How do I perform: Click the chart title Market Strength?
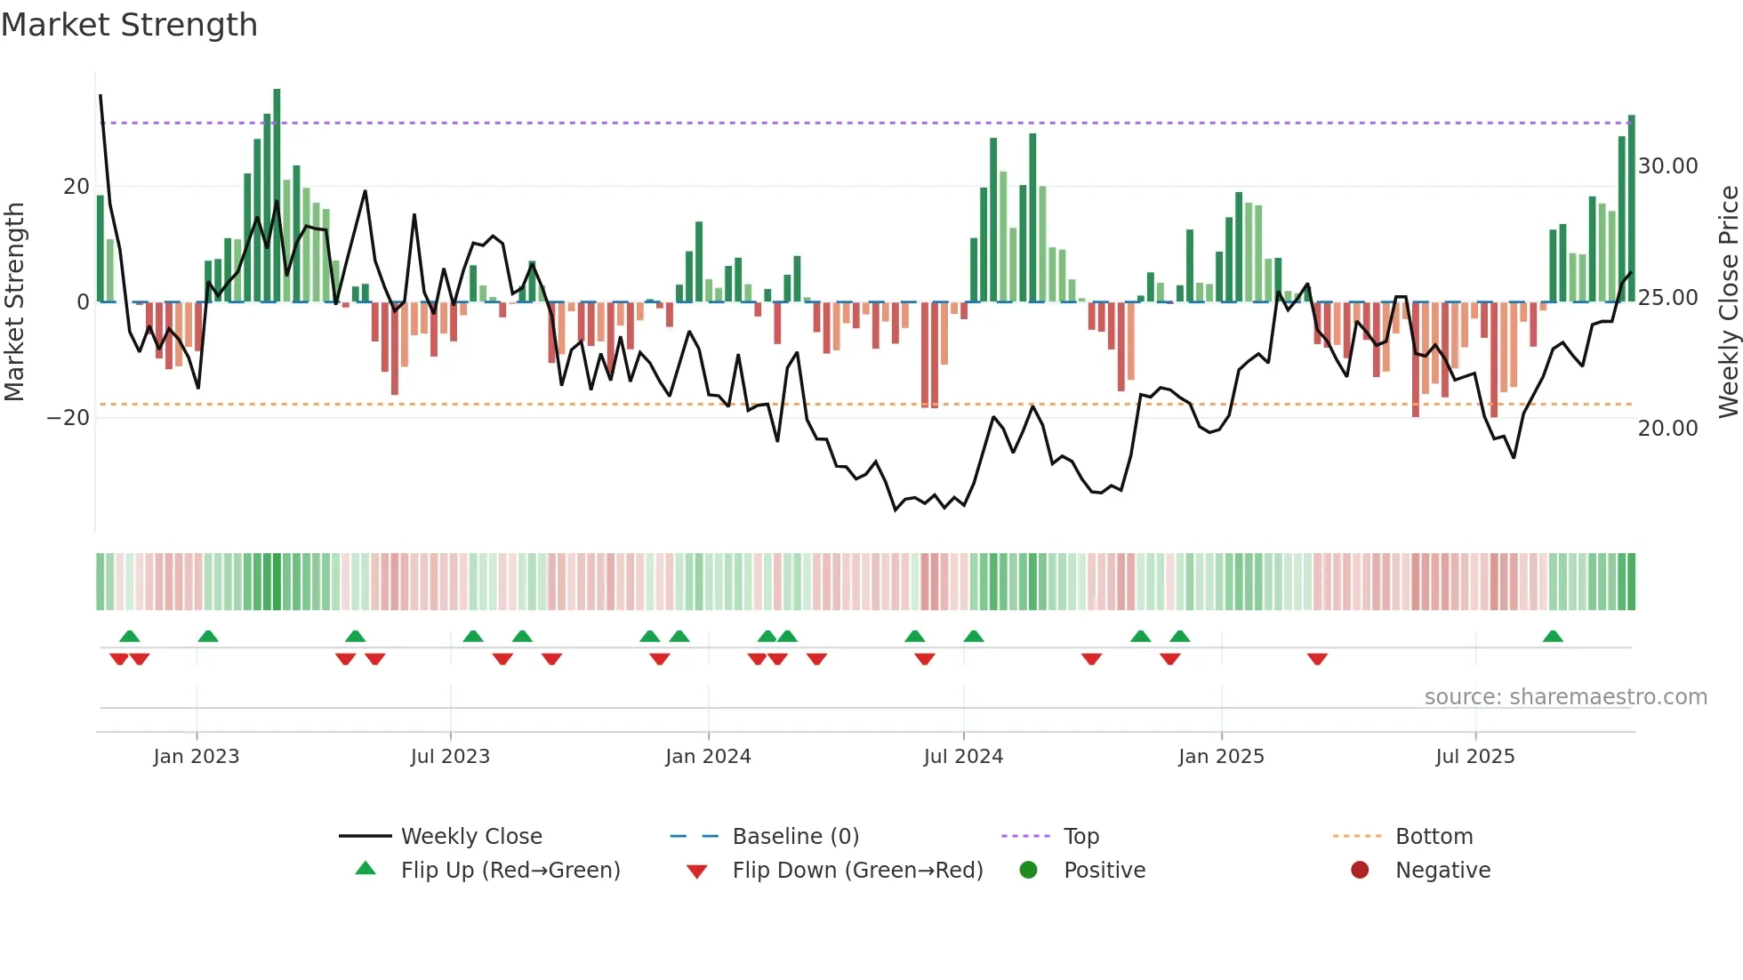coord(130,25)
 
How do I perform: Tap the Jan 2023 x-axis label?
coord(197,757)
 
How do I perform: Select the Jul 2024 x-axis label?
coord(963,757)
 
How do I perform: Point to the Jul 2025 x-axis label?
coord(1474,757)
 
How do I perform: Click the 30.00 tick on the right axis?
coord(1667,166)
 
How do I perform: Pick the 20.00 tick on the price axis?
coord(1667,429)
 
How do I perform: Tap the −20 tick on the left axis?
coord(68,418)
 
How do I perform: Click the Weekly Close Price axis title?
coord(1728,302)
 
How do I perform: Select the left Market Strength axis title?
coord(15,302)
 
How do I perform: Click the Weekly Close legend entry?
coord(471,837)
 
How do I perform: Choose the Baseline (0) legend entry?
coord(795,837)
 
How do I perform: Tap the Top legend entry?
coord(1081,837)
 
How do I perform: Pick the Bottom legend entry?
coord(1434,837)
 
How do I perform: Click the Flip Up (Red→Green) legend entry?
coord(510,871)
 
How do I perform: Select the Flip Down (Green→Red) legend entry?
coord(857,871)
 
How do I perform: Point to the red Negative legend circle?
coord(1360,871)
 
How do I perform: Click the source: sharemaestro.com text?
coord(1565,697)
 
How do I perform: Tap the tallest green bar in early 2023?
coord(277,196)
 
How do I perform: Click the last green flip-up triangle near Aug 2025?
coord(1553,637)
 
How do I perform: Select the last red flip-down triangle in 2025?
coord(1317,659)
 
